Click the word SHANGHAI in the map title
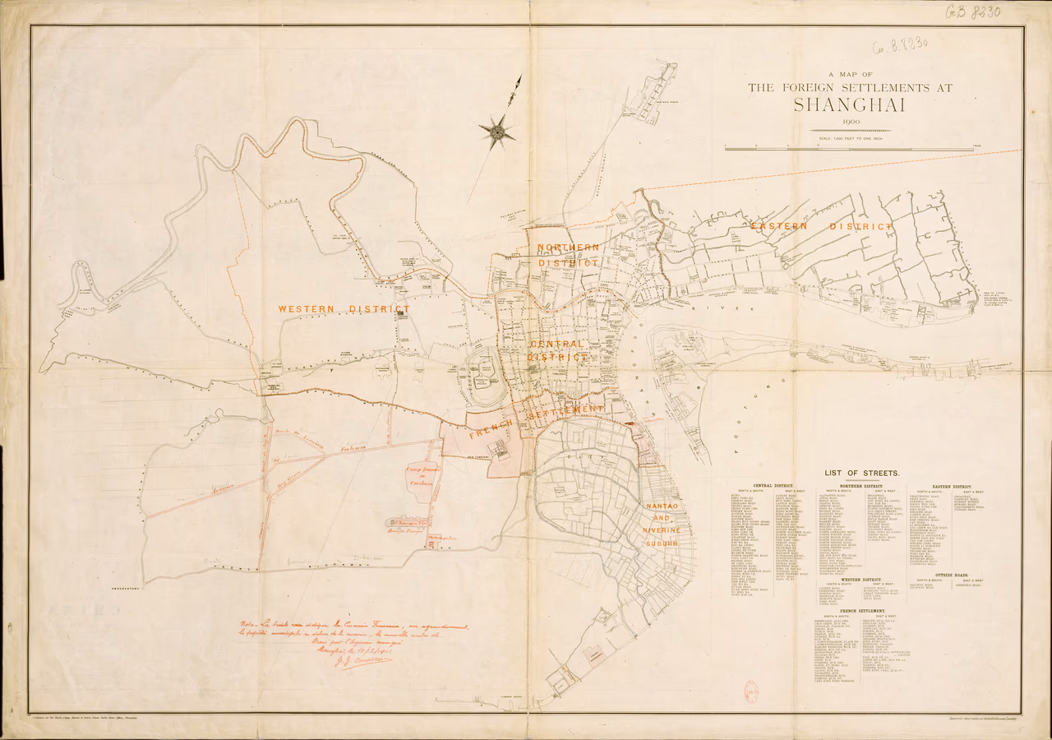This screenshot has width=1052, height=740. point(849,105)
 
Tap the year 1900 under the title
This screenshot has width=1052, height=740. point(849,122)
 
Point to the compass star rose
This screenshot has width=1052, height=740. point(497,131)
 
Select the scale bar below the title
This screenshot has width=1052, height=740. point(849,149)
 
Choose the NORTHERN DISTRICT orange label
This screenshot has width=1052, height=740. point(568,255)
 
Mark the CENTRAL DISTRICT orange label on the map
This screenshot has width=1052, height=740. point(558,351)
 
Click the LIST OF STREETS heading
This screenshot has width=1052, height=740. point(861,473)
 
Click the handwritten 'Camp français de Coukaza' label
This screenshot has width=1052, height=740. point(424,475)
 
